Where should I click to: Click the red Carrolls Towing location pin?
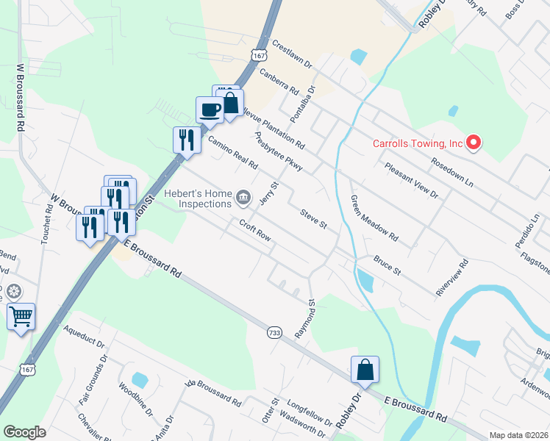[474, 142]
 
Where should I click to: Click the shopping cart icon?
[21, 318]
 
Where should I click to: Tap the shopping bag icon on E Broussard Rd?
[365, 370]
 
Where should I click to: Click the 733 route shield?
[274, 333]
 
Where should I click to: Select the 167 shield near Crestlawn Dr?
[257, 55]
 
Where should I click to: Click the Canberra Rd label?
[279, 82]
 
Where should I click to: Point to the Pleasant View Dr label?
[411, 181]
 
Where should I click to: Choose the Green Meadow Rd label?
[374, 219]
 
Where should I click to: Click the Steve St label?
[312, 218]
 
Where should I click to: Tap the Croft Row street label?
[254, 230]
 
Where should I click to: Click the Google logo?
[24, 432]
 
